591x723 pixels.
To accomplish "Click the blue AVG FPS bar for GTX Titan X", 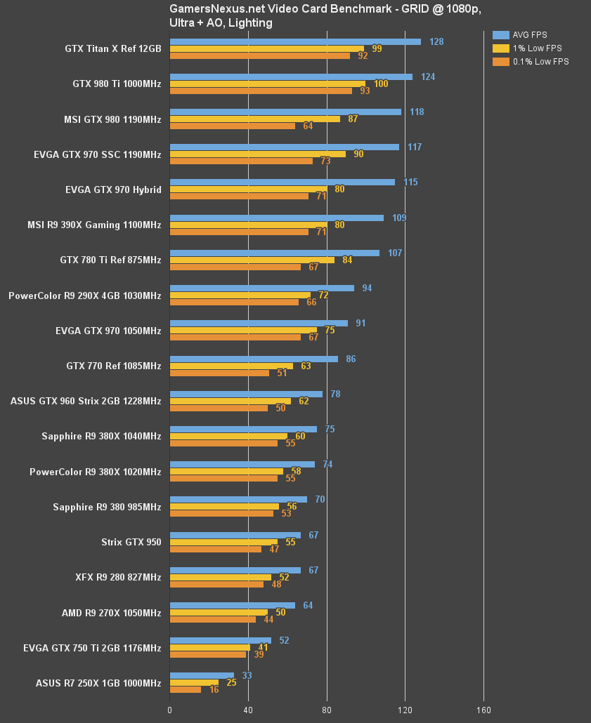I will coord(295,41).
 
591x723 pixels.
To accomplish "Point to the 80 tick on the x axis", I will coord(327,710).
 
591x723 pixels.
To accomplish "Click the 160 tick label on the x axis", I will coord(483,710).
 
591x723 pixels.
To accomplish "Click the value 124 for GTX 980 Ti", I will coord(428,77).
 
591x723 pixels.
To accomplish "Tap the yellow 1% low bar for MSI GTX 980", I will coord(255,119).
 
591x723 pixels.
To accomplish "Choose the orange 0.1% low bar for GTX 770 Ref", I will coord(219,373).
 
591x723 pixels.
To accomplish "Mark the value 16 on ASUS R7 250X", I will coord(214,690).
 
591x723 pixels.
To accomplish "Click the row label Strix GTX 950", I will coord(131,542).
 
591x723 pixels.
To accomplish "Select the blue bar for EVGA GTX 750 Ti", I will coord(221,640).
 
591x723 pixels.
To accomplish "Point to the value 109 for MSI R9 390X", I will coord(399,218).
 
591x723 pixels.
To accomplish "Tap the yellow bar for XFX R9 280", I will coord(221,577).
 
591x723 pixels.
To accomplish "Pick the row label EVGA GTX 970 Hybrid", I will coord(113,190).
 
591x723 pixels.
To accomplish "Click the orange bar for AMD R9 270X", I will coord(213,619).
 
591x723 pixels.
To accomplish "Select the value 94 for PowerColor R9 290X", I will coord(367,288).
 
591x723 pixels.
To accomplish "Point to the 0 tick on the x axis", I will coord(169,710).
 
